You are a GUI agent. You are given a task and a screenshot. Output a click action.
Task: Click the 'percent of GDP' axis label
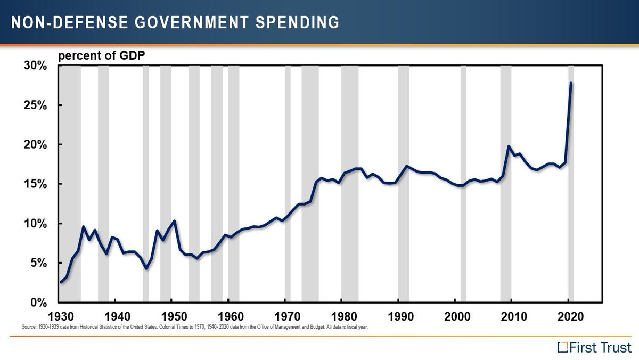(101, 55)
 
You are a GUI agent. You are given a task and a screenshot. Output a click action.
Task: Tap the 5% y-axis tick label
(39, 263)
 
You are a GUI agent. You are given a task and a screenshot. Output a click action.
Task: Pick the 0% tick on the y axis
(39, 302)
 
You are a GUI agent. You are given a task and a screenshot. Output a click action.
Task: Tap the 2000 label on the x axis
(456, 315)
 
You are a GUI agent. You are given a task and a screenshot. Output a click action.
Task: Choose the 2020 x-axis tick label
(569, 315)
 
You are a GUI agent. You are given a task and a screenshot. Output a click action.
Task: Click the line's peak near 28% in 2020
(571, 83)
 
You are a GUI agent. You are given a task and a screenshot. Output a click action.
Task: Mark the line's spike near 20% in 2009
(509, 146)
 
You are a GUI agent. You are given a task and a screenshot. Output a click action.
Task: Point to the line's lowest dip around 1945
(146, 268)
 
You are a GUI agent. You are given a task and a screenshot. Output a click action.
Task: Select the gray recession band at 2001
(463, 240)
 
